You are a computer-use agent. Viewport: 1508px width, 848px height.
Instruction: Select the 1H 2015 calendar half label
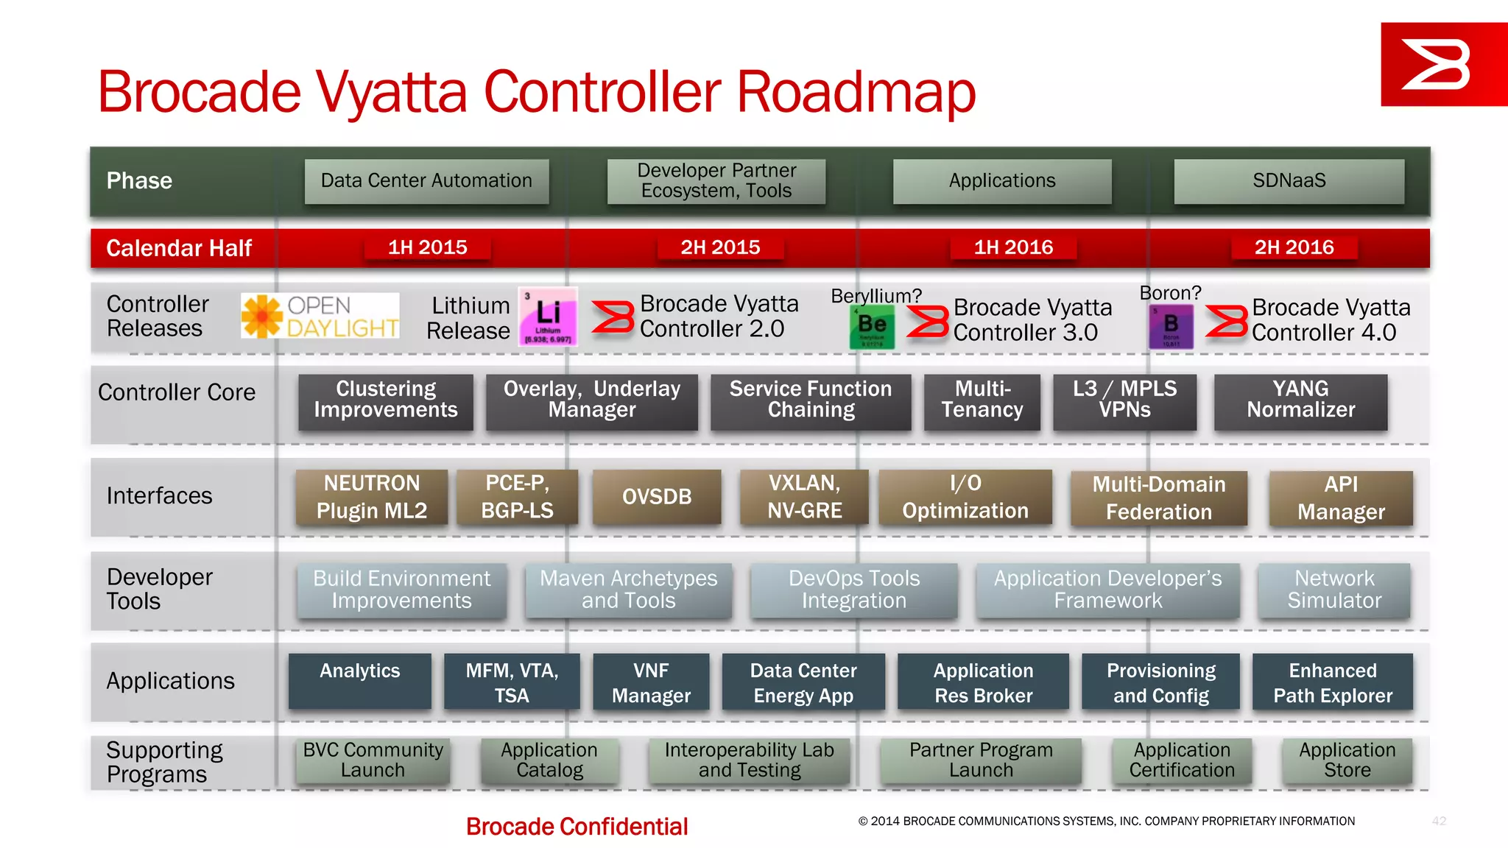click(x=427, y=247)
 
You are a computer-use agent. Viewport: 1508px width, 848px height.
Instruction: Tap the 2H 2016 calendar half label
click(x=1294, y=247)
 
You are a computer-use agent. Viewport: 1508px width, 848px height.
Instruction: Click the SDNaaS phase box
click(x=1289, y=181)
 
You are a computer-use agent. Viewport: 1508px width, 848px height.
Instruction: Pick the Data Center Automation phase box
click(x=426, y=181)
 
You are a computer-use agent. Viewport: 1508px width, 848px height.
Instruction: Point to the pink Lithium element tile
click(x=548, y=317)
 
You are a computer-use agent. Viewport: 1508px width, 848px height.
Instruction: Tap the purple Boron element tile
click(x=1171, y=327)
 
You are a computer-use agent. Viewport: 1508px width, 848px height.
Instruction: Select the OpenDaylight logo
click(x=320, y=317)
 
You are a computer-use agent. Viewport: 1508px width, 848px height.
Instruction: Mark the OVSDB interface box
click(x=657, y=497)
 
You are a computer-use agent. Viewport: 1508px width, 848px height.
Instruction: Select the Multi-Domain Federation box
click(x=1158, y=498)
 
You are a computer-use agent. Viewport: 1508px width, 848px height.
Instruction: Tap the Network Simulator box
click(x=1333, y=590)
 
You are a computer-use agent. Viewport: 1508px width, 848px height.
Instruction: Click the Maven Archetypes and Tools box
click(x=628, y=590)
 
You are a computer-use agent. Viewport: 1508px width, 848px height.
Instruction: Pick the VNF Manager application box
click(x=651, y=682)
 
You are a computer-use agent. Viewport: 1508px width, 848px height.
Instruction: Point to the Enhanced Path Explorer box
click(x=1332, y=682)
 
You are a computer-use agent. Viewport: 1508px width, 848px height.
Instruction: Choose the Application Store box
click(x=1347, y=760)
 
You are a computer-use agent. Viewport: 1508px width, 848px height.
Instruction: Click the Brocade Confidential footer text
click(x=577, y=827)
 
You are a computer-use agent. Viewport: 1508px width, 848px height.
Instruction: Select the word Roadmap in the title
click(x=856, y=93)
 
